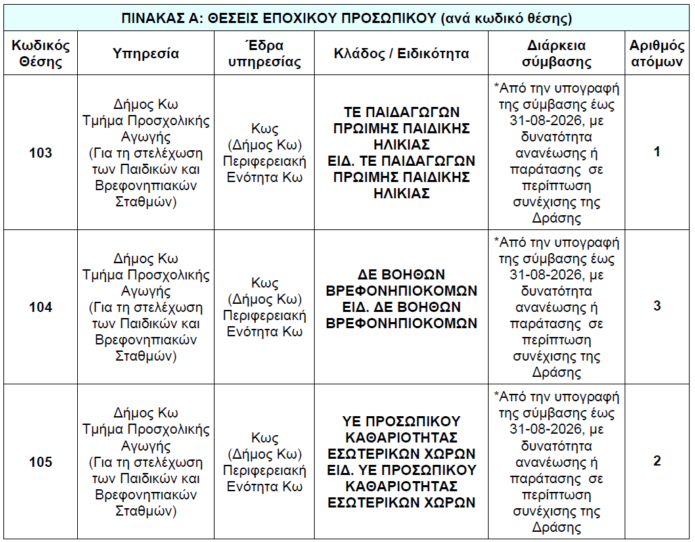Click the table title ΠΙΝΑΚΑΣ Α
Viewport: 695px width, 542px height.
[x=346, y=18]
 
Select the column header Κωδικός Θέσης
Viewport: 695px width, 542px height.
[x=41, y=54]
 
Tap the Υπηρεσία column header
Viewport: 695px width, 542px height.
[x=145, y=54]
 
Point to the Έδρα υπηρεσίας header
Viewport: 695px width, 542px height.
[x=265, y=54]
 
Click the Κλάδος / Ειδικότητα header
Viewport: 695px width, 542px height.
[x=401, y=54]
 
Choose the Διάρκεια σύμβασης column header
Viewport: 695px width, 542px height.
[x=556, y=54]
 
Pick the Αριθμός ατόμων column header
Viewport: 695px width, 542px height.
[x=656, y=54]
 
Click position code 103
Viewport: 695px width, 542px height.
[x=41, y=153]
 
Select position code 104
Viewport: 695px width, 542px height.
[x=41, y=307]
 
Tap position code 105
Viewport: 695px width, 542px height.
[x=41, y=462]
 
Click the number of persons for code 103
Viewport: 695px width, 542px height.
[x=656, y=152]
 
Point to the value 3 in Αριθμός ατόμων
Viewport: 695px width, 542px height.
[x=656, y=306]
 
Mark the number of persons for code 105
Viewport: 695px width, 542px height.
[x=656, y=461]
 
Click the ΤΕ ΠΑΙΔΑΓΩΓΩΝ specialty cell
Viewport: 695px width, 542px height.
[x=401, y=152]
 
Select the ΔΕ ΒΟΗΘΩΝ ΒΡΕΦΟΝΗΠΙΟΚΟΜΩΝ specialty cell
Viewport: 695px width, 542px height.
[x=401, y=299]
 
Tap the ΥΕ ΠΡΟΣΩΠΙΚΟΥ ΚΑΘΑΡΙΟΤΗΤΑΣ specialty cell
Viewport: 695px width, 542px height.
[x=401, y=461]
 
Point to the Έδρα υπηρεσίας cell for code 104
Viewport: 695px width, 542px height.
[x=265, y=307]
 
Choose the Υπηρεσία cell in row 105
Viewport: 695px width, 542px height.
[x=145, y=462]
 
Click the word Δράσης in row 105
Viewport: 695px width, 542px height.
[x=556, y=528]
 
